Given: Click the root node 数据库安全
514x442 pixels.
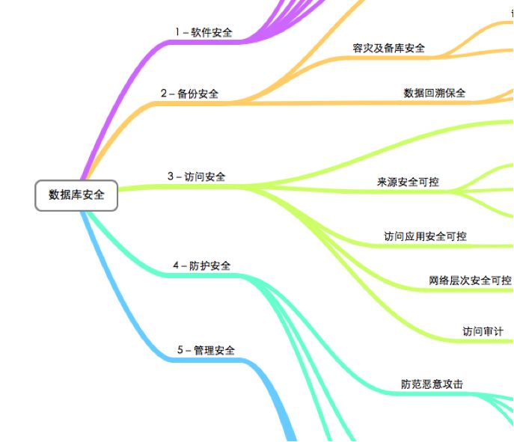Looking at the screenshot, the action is [76, 195].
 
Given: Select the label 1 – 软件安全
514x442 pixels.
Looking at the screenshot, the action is [204, 33].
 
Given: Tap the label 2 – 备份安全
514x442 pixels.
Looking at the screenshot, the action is [189, 94].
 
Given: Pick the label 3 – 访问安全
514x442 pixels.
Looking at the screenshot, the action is [196, 177].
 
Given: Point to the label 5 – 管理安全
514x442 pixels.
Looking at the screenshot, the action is [206, 350].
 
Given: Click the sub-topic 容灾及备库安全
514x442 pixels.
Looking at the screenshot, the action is [388, 49].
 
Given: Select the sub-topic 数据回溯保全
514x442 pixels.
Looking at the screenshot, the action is [434, 93].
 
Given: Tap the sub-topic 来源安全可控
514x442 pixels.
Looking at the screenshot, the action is [407, 182].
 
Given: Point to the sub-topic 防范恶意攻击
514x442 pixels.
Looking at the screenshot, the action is [432, 384].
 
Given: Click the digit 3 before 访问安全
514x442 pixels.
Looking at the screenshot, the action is [170, 177].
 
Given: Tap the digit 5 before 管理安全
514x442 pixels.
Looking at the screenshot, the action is [180, 350].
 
